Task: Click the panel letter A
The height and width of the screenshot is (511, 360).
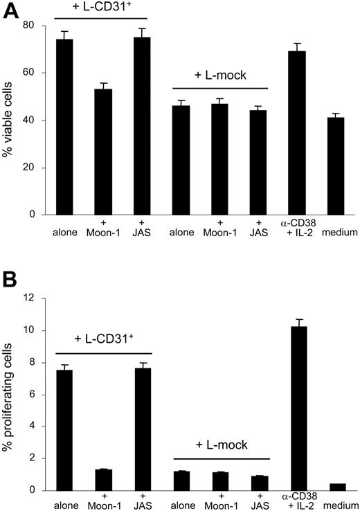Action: (x=9, y=12)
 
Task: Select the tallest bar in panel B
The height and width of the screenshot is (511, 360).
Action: (x=299, y=408)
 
